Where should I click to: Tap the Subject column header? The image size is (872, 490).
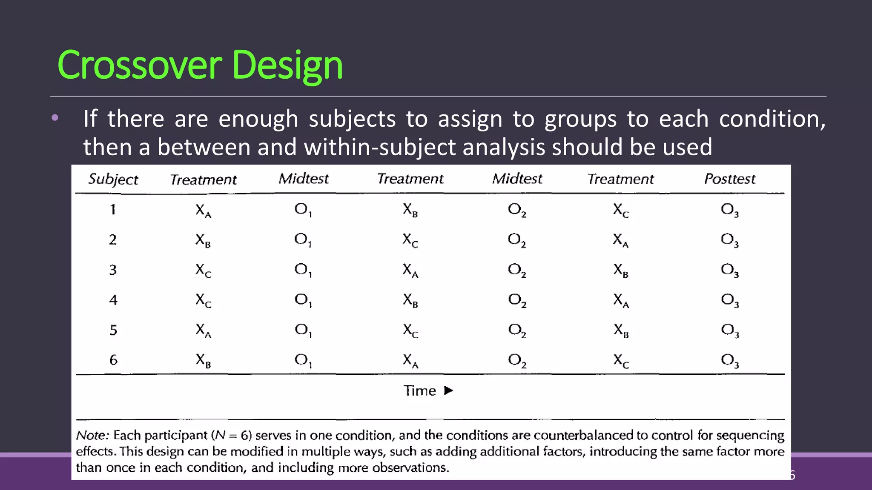pos(113,179)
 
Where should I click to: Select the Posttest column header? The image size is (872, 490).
pos(730,179)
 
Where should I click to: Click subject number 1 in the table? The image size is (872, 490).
pos(113,209)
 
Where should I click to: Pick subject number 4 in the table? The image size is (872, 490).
pos(113,300)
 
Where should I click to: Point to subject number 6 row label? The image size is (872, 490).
pos(113,360)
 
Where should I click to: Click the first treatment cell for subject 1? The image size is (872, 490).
pos(203,210)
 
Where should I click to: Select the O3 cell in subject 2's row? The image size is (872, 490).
pos(730,240)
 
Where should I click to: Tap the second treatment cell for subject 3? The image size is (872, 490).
pos(410,270)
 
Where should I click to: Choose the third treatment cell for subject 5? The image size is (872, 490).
pos(621,330)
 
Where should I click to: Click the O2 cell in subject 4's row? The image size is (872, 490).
pos(517,300)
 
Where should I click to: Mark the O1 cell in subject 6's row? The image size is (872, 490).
pos(303,361)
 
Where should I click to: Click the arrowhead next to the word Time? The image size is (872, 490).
pos(448,390)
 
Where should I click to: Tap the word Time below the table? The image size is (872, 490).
pos(419,390)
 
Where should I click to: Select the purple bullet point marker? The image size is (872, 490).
pos(55,118)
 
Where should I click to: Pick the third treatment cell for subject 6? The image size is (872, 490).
pos(621,361)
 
